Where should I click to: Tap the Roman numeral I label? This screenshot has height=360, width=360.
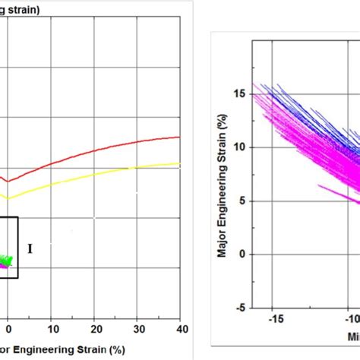pyautogui.click(x=30, y=248)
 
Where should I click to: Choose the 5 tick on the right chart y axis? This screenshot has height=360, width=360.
pyautogui.click(x=242, y=201)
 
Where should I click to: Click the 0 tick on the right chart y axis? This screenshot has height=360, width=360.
pyautogui.click(x=242, y=254)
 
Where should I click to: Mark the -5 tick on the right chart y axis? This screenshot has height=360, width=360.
pyautogui.click(x=239, y=308)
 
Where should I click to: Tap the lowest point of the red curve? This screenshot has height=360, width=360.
pyautogui.click(x=7, y=181)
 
